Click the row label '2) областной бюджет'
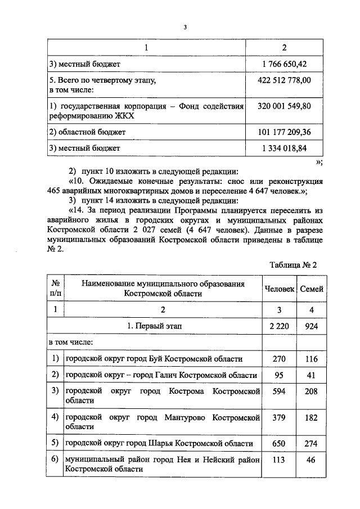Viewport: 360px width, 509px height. (x=87, y=132)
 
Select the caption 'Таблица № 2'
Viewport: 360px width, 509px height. (x=294, y=265)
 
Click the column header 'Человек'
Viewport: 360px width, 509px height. (x=280, y=289)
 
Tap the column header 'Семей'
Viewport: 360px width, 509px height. (x=312, y=289)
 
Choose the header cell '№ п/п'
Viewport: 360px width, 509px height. (x=55, y=289)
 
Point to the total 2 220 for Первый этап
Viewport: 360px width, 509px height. (x=280, y=326)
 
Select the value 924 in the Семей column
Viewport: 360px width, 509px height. (x=312, y=326)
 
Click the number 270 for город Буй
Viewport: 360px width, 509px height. (x=280, y=359)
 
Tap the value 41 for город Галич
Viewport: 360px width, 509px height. (x=312, y=375)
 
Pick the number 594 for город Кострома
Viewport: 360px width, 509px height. (x=280, y=390)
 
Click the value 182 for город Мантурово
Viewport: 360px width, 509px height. (x=312, y=417)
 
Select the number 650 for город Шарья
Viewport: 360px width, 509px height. (x=280, y=444)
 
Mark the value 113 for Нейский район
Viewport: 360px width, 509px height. (x=280, y=460)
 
